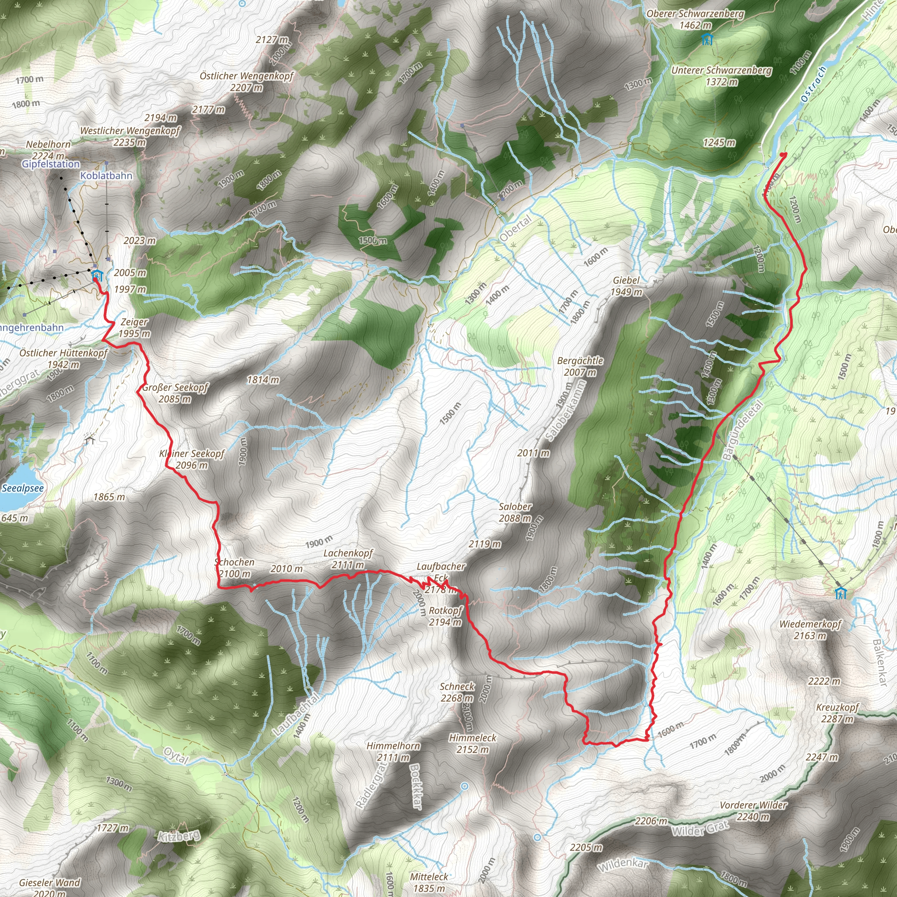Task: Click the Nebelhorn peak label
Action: click(48, 149)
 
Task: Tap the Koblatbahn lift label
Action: click(106, 176)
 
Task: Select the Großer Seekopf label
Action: click(176, 393)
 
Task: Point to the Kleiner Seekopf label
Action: click(192, 459)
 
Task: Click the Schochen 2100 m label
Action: click(235, 567)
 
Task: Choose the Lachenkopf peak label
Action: click(348, 558)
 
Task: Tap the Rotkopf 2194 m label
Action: click(445, 616)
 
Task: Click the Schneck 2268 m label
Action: click(457, 692)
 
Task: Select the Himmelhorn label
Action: click(393, 751)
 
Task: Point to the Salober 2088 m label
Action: click(516, 512)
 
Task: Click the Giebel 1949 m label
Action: click(626, 286)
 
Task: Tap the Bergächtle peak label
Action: click(580, 366)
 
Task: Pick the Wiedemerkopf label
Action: click(810, 629)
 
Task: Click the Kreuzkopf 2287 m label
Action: click(837, 713)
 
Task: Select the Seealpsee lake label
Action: click(23, 488)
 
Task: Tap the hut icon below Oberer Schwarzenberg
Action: click(706, 39)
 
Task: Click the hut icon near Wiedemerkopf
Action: click(840, 593)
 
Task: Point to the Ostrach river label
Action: click(813, 84)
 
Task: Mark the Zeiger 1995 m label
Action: click(134, 327)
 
